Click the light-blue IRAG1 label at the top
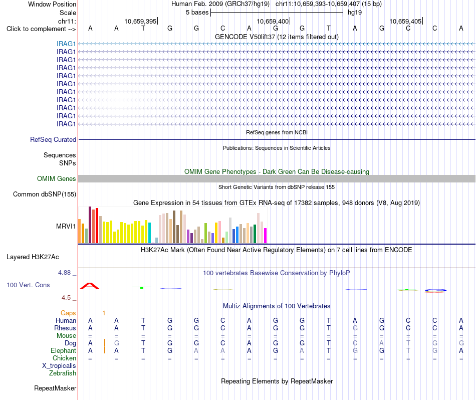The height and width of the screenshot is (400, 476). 66,44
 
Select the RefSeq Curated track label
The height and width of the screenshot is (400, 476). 53,139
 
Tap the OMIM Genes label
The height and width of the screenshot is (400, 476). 56,178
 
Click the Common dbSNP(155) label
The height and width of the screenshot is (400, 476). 45,194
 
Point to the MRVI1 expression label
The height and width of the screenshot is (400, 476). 66,226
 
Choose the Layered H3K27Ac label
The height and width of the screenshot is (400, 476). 33,257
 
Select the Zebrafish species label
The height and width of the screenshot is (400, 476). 63,373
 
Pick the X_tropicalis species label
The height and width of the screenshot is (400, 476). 59,366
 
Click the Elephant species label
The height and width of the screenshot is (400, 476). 63,351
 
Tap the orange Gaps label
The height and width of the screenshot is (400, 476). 68,313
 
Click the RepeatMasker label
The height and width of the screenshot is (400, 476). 55,388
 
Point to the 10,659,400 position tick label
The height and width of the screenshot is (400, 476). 273,21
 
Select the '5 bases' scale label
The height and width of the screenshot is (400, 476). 197,13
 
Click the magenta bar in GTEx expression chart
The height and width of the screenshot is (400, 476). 266,236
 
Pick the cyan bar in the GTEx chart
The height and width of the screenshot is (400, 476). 149,233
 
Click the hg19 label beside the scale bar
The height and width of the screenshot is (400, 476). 355,13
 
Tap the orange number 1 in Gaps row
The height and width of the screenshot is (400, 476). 104,313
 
